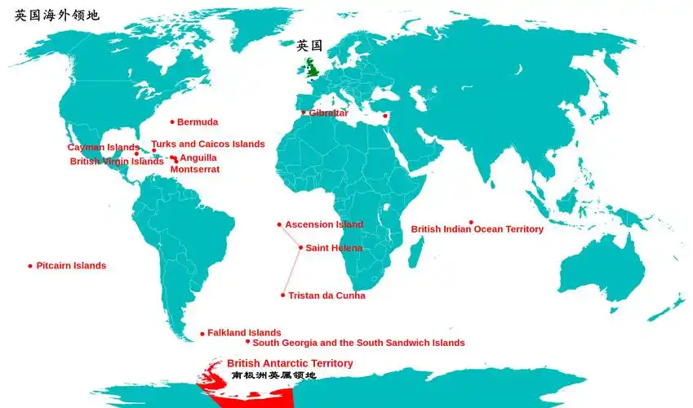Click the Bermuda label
(198, 122)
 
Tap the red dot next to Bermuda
(172, 122)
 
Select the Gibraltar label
(328, 113)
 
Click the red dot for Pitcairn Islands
(30, 266)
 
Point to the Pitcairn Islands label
(71, 266)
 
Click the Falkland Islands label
(244, 333)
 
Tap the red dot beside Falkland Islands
(202, 333)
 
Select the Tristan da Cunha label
(327, 295)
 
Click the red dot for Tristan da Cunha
(283, 295)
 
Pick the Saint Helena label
(334, 248)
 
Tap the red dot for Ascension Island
(279, 224)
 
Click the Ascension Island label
(324, 224)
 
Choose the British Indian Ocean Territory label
(477, 229)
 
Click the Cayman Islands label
(103, 148)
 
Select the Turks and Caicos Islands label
(208, 144)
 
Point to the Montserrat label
(194, 170)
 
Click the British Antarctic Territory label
(290, 363)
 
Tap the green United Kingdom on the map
(313, 67)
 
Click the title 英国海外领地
(57, 15)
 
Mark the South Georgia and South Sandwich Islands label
(358, 343)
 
